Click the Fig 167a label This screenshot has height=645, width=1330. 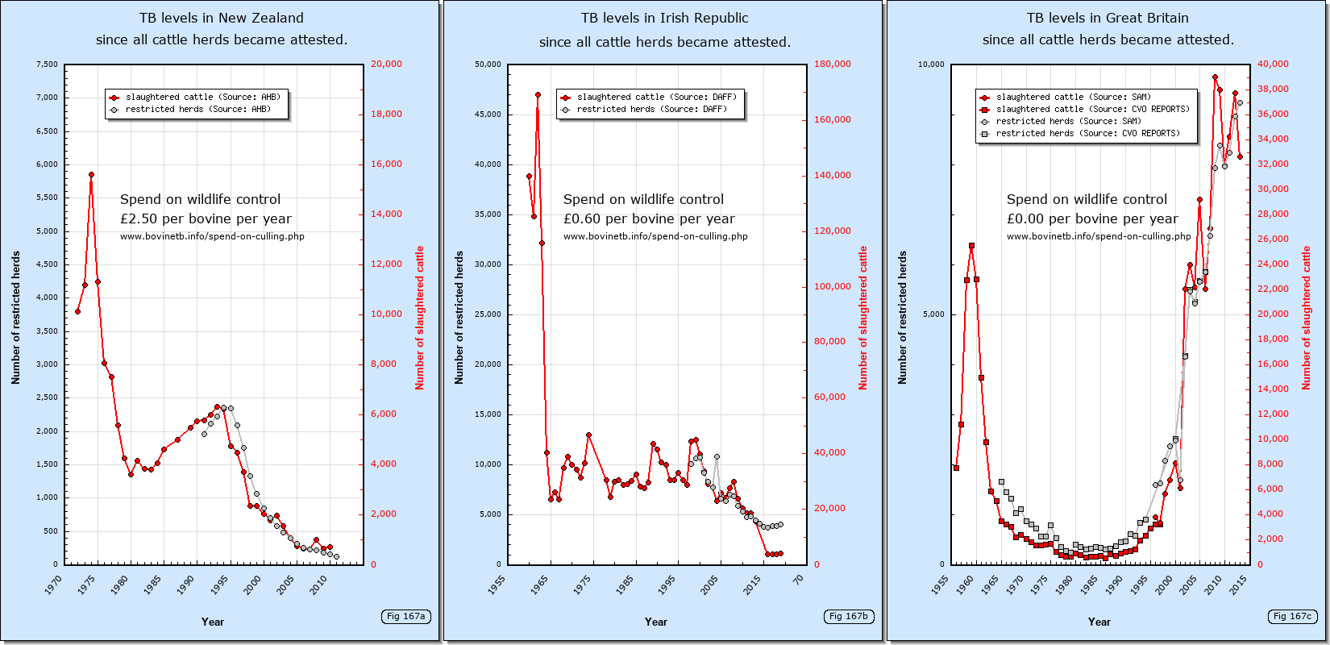405,617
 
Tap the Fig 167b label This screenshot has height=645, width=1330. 849,617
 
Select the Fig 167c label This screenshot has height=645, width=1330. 1292,617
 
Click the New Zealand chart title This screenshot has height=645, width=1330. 222,28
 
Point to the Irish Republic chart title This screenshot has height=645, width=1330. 665,29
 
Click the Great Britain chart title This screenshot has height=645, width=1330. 1108,28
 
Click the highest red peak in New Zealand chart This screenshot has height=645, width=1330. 91,174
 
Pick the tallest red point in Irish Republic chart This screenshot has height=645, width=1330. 538,94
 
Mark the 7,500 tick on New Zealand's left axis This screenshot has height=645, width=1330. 47,64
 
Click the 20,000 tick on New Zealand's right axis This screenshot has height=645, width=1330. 386,64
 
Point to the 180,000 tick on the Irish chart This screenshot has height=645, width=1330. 832,64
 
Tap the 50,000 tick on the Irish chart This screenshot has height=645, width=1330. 488,64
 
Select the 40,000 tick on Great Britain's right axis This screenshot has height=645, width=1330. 1273,64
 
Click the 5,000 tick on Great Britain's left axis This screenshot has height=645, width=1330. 933,314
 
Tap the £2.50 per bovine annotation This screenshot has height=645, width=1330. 206,218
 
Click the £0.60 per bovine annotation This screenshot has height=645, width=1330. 649,218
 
